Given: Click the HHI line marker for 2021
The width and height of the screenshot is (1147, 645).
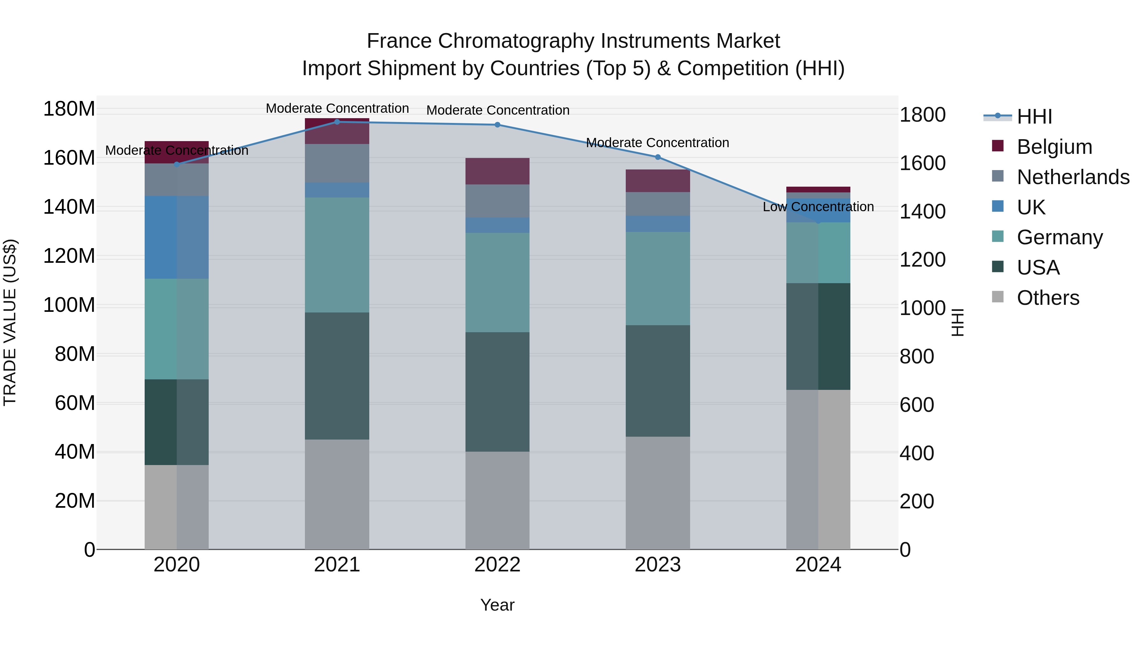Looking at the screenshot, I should [337, 122].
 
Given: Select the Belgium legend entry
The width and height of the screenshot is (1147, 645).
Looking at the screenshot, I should [1054, 147].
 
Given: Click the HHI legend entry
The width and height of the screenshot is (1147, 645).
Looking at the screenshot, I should [1034, 117].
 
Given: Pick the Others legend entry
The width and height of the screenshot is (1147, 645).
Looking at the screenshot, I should [1048, 298].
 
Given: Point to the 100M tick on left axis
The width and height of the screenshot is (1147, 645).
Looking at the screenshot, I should [69, 305].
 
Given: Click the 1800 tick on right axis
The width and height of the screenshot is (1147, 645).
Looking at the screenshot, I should [922, 115].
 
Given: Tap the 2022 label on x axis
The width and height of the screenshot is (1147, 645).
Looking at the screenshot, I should [497, 565].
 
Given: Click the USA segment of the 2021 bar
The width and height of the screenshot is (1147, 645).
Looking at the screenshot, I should [337, 376].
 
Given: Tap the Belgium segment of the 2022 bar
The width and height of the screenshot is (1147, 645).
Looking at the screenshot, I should [497, 171].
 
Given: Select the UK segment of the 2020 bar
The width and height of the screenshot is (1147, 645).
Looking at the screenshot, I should [177, 237].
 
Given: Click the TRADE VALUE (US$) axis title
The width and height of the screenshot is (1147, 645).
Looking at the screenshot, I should [10, 322].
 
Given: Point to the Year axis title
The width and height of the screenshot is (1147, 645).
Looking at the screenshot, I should [497, 606].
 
